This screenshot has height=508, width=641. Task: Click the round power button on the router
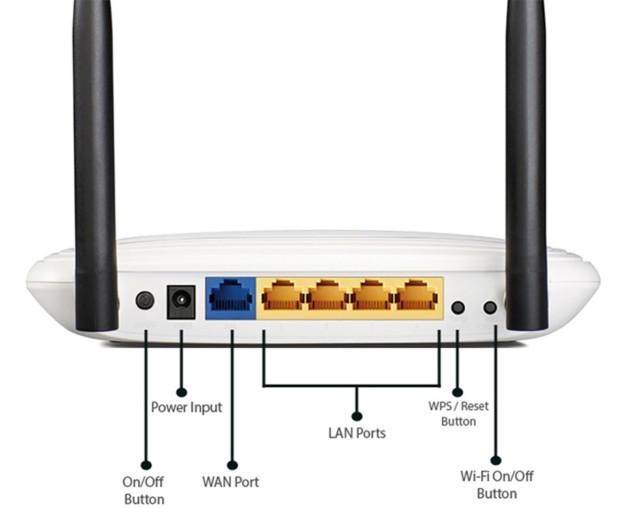tap(145, 300)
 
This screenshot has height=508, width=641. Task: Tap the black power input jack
tap(181, 301)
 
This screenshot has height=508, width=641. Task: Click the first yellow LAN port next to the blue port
tap(282, 296)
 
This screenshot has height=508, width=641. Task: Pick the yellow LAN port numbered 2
tap(326, 296)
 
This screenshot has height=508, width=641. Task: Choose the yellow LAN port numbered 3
tap(371, 296)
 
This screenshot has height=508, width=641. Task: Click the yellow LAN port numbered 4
tap(416, 296)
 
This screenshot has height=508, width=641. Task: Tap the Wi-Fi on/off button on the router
tap(490, 307)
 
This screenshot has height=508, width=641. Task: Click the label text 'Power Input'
tap(186, 407)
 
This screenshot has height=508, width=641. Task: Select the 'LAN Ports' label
tap(357, 433)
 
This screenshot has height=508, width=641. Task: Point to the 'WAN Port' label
tap(231, 482)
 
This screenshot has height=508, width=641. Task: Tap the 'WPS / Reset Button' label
tap(458, 413)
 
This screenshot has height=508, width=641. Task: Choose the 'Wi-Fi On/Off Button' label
tap(497, 484)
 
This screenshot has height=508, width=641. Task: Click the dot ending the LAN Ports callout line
tap(357, 416)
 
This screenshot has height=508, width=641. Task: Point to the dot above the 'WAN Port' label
tap(232, 464)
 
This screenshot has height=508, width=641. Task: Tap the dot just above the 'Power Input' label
tap(182, 392)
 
